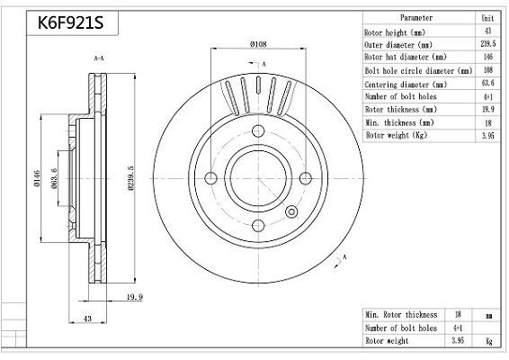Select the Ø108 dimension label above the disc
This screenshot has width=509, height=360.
[258, 43]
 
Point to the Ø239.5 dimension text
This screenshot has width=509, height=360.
[131, 175]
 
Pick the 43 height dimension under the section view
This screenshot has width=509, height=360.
[88, 319]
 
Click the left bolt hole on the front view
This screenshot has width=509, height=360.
[209, 177]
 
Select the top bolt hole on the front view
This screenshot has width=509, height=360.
[258, 128]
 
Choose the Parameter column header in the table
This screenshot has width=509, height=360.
[415, 18]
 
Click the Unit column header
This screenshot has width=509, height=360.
[487, 18]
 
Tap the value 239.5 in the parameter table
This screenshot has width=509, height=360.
[487, 43]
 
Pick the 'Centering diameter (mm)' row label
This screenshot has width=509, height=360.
[405, 83]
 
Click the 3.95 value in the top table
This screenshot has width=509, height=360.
[487, 135]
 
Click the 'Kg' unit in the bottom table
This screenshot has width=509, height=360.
[487, 342]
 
